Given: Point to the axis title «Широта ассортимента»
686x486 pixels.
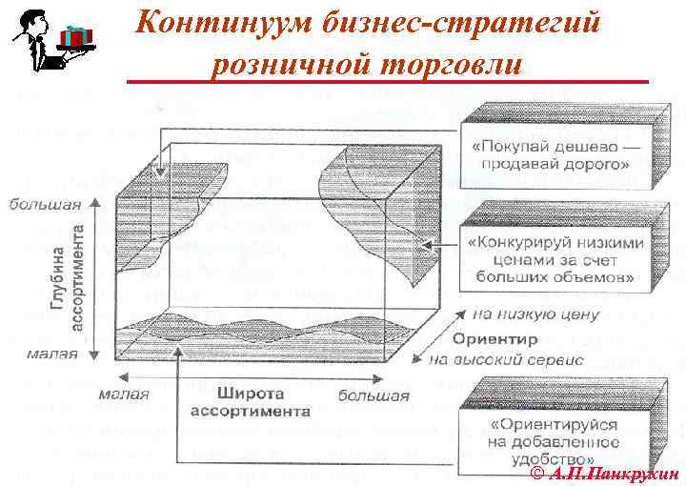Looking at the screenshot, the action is [x=250, y=403].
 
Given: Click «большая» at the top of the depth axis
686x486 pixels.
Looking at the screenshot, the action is [x=39, y=203].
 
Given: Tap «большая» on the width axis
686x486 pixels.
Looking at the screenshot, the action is [x=373, y=395].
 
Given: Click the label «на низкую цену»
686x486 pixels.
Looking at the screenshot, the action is [x=535, y=314].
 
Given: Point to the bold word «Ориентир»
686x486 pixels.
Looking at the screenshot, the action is [x=495, y=338].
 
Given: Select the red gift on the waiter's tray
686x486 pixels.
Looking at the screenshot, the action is [x=73, y=34].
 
